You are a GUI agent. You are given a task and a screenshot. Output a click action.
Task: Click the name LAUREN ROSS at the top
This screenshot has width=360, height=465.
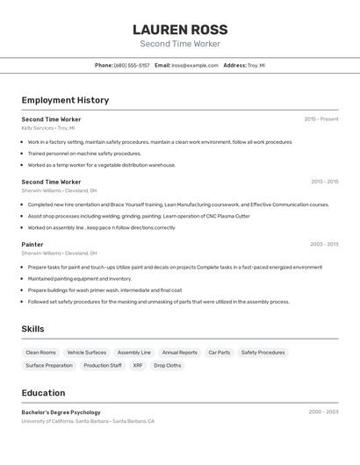click(x=179, y=30)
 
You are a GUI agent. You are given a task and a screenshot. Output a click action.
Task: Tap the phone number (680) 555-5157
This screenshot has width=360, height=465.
click(x=132, y=65)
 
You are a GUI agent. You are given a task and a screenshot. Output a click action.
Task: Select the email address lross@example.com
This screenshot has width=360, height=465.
click(x=195, y=65)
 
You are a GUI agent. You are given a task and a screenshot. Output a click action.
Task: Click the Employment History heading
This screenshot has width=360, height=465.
click(x=65, y=100)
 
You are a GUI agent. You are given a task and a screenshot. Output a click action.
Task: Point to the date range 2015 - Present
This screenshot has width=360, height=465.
click(x=320, y=119)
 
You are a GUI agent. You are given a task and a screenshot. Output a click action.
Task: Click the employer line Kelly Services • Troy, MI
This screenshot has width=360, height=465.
click(x=48, y=128)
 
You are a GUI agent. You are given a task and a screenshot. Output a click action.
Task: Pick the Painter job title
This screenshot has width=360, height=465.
click(x=32, y=245)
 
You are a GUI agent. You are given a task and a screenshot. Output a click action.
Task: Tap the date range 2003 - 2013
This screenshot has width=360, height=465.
click(x=324, y=245)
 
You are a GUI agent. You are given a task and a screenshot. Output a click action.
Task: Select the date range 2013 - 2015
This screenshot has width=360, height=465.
click(x=324, y=182)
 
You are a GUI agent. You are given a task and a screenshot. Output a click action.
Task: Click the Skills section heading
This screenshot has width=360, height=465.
click(x=32, y=329)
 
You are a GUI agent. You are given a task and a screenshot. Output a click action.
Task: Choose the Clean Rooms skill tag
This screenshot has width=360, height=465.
click(x=40, y=353)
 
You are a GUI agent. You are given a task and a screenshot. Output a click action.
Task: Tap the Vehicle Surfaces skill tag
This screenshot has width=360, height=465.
click(x=87, y=353)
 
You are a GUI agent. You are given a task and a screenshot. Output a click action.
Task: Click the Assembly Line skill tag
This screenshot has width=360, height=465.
click(x=134, y=353)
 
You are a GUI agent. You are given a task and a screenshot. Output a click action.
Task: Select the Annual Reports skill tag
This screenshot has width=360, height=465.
click(x=180, y=353)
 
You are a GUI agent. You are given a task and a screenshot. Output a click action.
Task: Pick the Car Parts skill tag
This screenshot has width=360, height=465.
click(x=220, y=353)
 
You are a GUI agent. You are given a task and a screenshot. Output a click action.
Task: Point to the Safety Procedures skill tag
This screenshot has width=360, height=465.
click(x=263, y=353)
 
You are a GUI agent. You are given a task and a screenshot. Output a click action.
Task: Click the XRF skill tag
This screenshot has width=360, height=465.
click(x=138, y=365)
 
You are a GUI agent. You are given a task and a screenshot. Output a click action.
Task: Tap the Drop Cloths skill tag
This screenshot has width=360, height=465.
click(x=168, y=365)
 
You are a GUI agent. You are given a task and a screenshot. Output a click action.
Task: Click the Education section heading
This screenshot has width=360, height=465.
click(x=43, y=393)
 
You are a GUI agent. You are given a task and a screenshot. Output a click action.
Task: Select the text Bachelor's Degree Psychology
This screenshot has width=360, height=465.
click(x=61, y=412)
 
